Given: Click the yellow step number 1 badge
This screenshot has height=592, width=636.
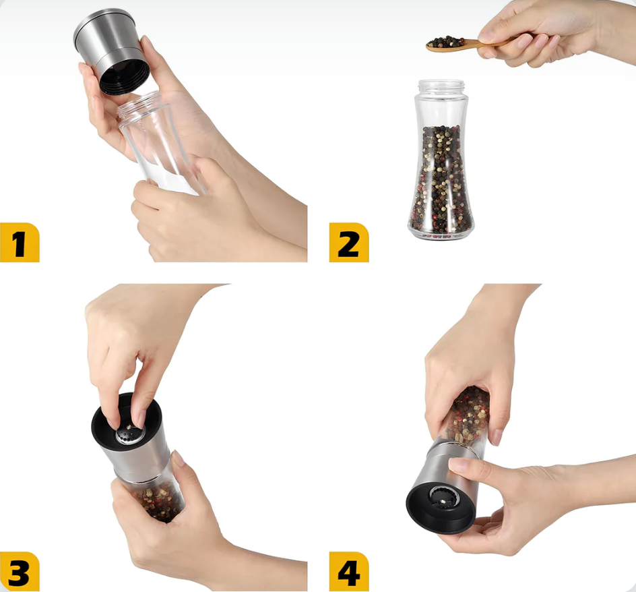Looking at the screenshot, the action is (20, 243).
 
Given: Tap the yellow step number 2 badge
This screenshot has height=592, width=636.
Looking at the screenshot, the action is (349, 243).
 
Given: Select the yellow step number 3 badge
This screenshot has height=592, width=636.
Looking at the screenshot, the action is (20, 571).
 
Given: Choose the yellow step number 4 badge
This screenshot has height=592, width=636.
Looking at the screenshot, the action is (349, 571).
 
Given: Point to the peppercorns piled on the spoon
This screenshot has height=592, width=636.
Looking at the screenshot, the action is (445, 42).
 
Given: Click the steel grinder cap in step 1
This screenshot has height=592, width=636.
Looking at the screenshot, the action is (111, 51).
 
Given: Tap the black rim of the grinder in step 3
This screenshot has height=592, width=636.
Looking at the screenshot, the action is (127, 422).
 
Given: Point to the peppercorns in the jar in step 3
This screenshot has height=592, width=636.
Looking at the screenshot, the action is (159, 500).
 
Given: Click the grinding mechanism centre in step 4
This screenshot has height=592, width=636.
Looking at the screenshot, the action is (445, 498).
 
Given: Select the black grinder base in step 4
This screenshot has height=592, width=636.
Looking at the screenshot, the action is (441, 508).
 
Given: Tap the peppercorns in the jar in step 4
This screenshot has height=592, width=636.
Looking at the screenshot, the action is (468, 414).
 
